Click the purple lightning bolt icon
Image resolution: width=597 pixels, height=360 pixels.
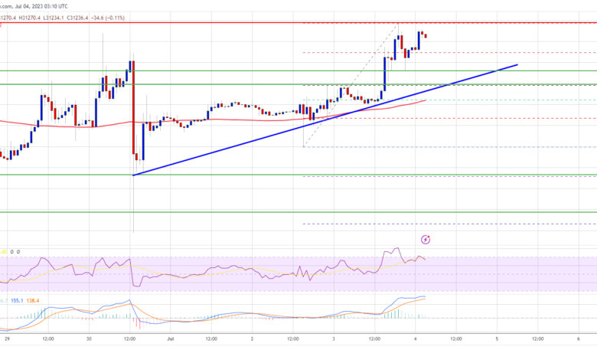426,239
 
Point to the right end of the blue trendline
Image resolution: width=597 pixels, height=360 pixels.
517,65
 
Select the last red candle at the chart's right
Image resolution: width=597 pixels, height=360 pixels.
426,35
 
